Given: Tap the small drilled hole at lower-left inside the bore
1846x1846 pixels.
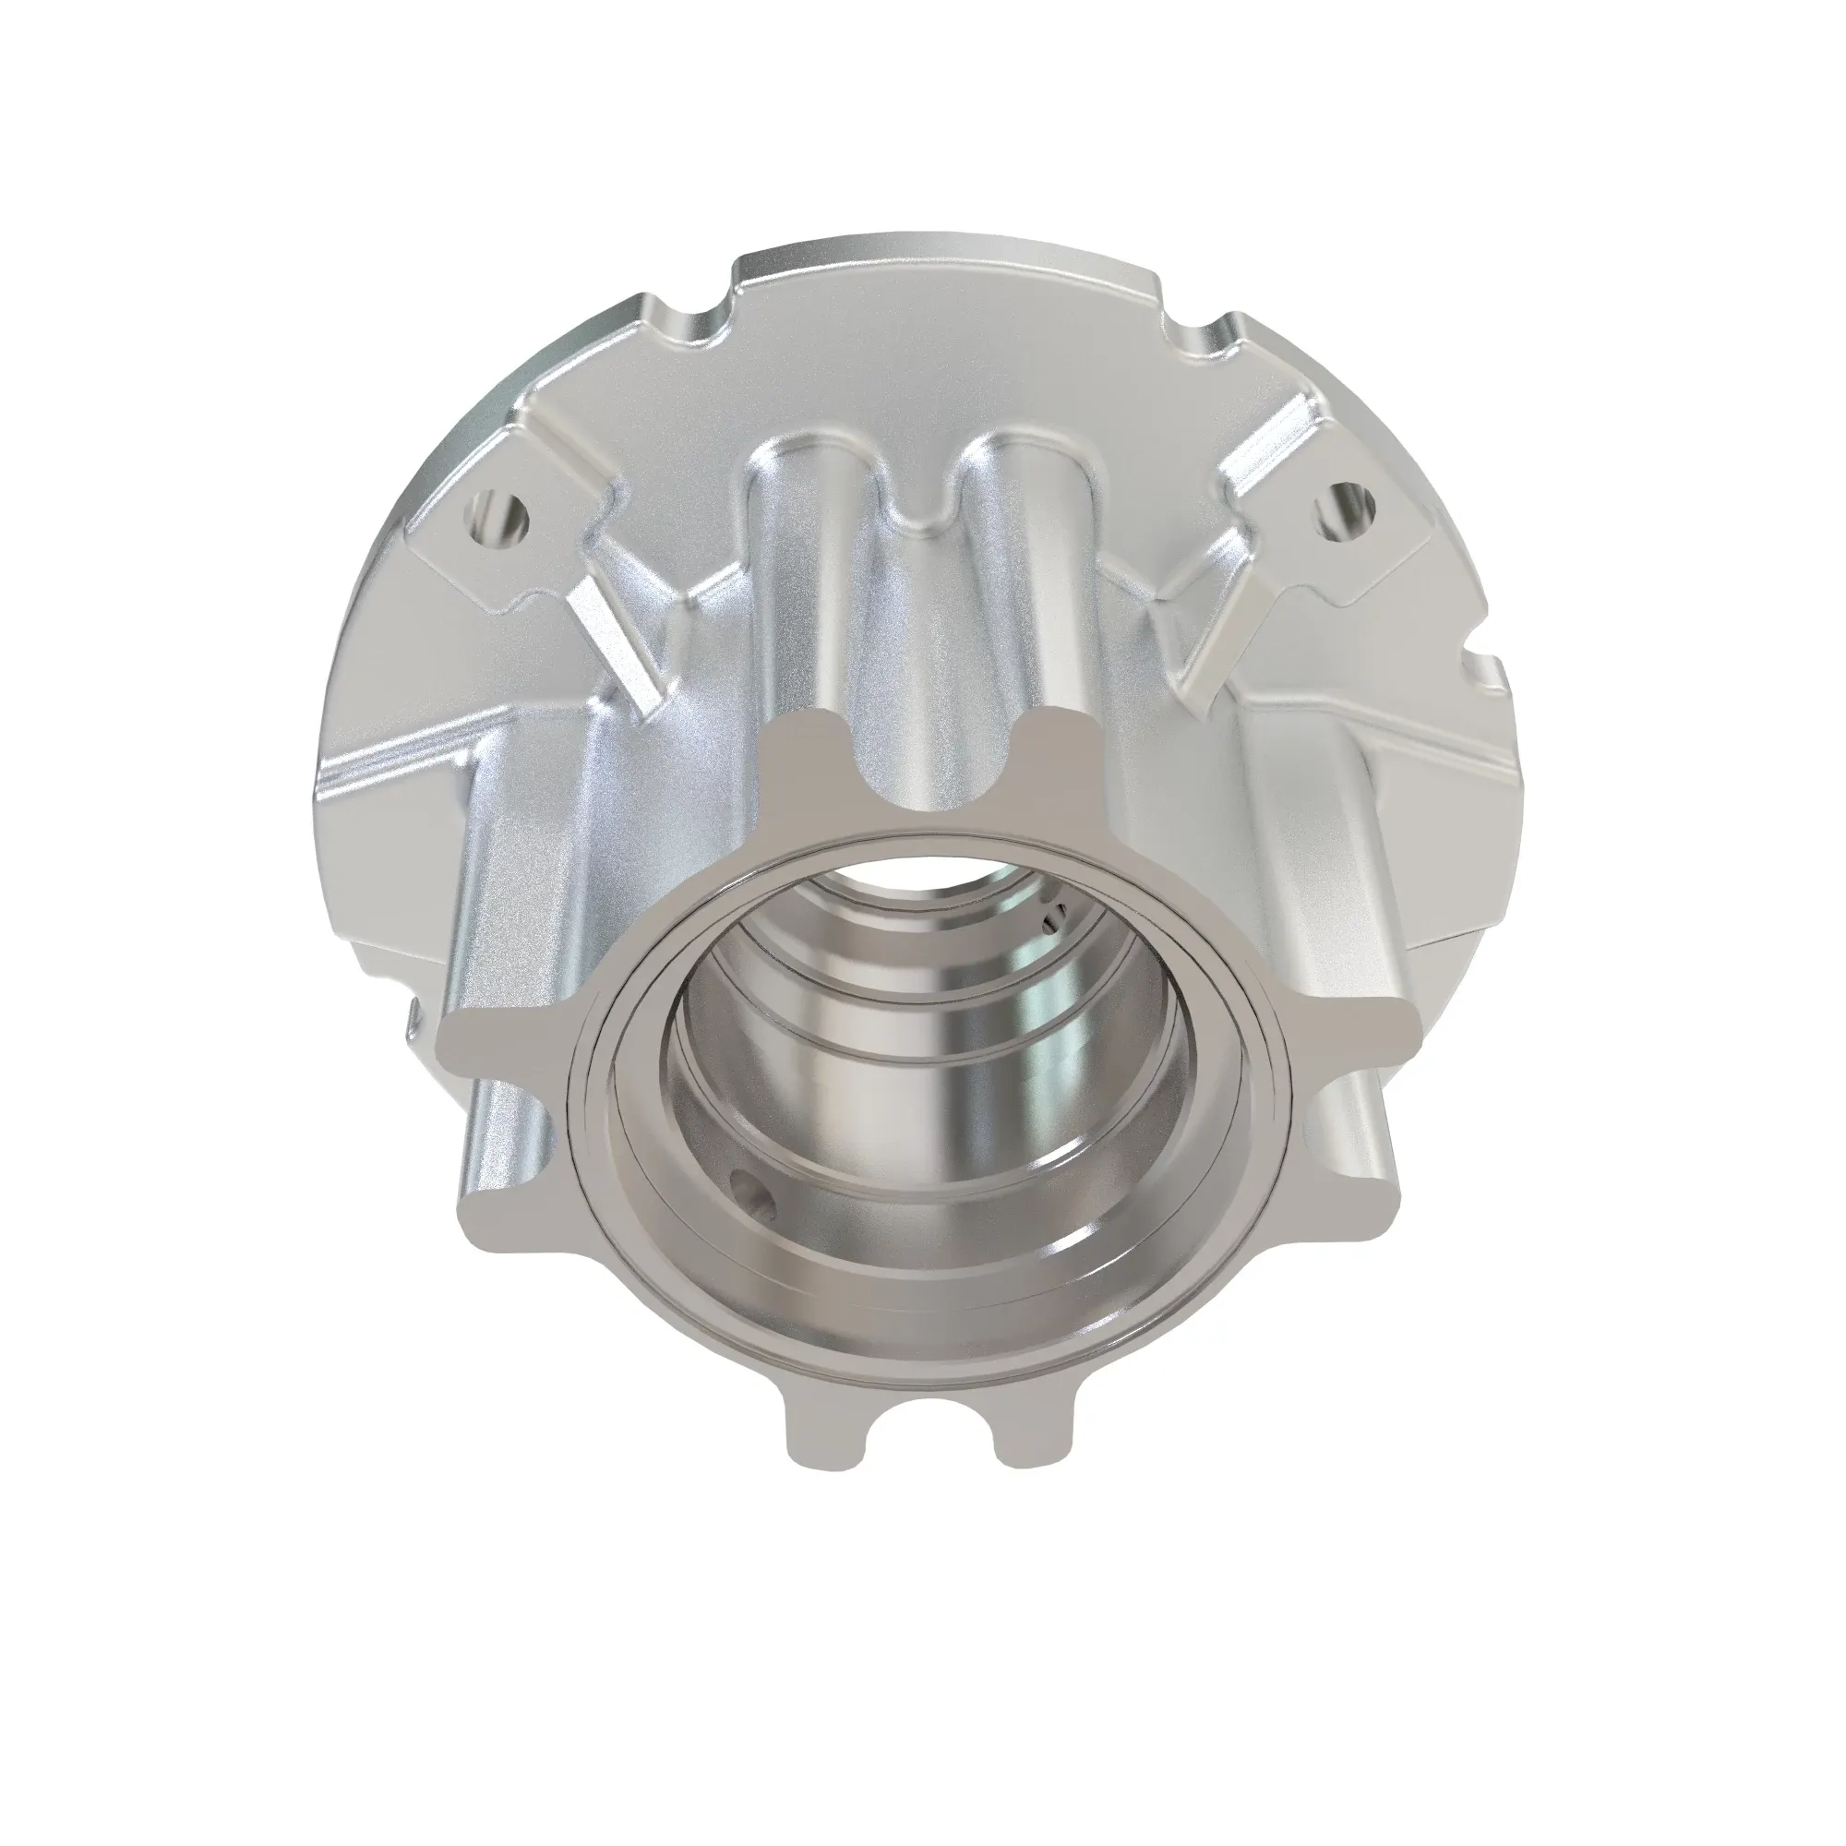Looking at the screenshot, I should (754, 1192).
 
